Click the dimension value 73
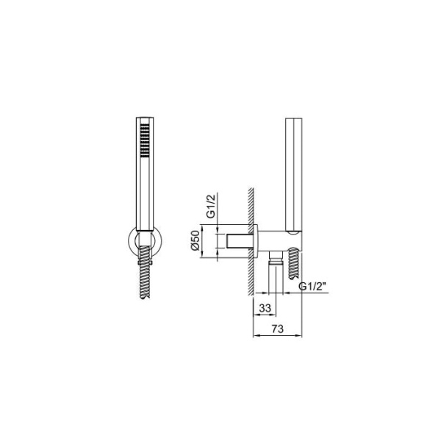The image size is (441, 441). click(277, 329)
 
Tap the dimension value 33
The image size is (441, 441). click(265, 308)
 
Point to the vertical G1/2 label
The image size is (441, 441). click(211, 206)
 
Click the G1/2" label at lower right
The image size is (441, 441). click(312, 287)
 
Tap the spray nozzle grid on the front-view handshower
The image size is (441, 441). click(145, 140)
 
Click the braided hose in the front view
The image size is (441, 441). click(145, 272)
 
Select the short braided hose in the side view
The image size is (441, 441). click(293, 263)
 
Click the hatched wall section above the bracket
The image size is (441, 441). click(251, 206)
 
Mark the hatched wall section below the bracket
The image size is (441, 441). click(251, 276)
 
